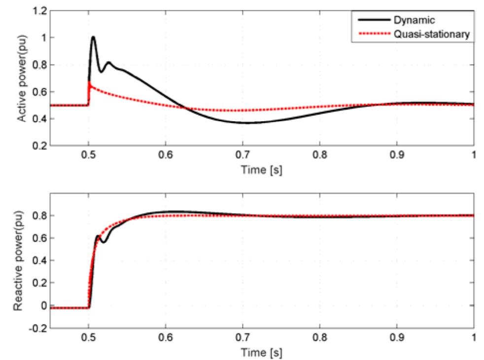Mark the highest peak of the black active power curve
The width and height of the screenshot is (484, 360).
pyautogui.click(x=93, y=36)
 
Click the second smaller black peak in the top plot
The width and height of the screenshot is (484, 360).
pyautogui.click(x=108, y=62)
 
